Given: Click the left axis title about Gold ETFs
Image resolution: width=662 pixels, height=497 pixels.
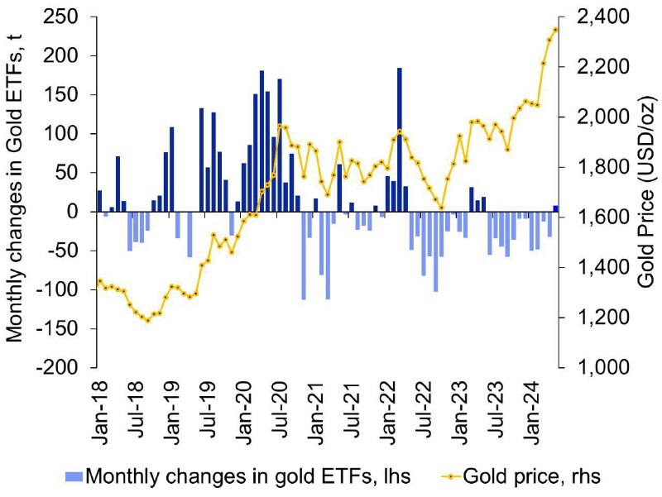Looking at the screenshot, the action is click(x=14, y=187).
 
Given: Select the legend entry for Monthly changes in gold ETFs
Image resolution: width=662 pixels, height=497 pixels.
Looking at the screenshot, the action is click(x=237, y=476).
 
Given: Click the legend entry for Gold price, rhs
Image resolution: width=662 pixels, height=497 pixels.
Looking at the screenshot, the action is click(x=521, y=476).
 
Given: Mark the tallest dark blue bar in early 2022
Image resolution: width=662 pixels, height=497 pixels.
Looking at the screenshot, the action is click(x=400, y=140).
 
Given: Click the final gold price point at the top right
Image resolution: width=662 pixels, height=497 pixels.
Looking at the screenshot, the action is click(x=555, y=30).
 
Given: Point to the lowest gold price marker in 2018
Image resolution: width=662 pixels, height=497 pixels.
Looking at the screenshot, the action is click(x=147, y=321).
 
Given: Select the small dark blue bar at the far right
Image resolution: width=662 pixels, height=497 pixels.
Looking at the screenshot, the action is click(x=555, y=208).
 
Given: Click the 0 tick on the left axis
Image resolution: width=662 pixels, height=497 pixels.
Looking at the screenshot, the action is click(x=74, y=212).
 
